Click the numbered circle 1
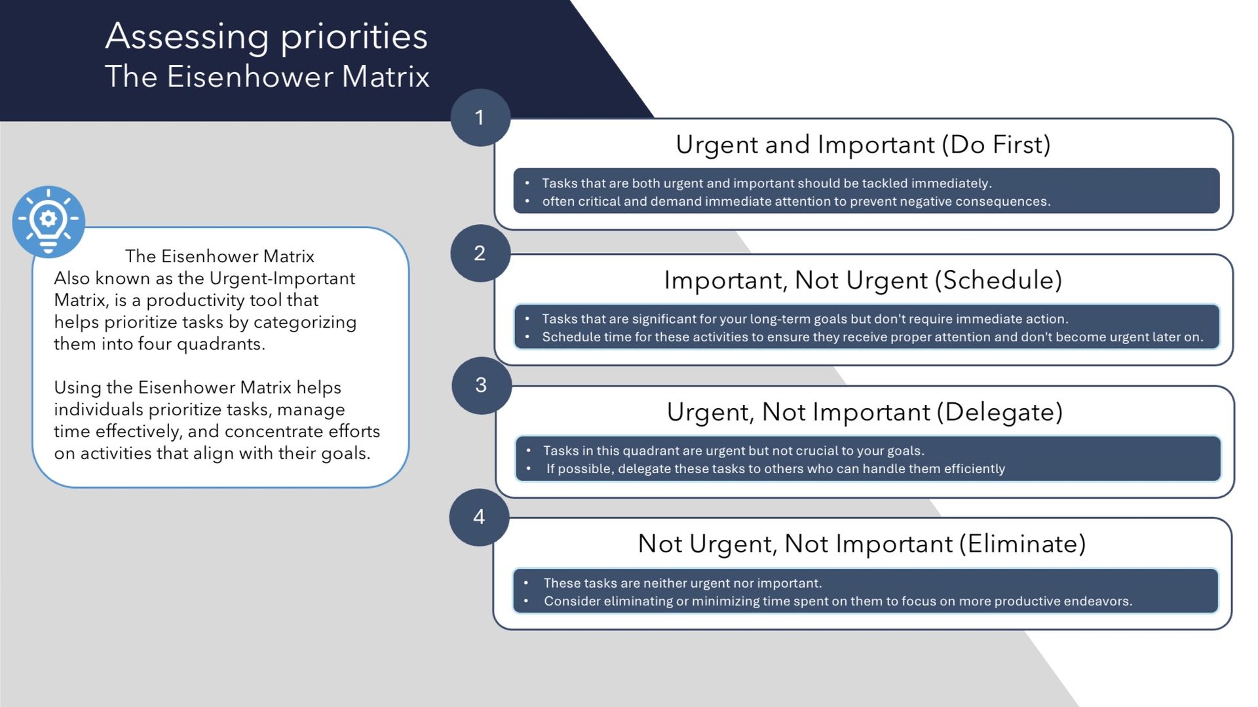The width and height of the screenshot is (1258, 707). tap(480, 118)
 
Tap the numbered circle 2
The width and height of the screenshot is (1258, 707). tap(480, 254)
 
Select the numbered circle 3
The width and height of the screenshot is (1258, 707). tap(482, 385)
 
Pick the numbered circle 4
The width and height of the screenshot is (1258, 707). tap(479, 517)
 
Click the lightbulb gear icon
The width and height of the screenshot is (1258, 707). tap(48, 221)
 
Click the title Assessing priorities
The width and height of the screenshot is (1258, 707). tap(266, 35)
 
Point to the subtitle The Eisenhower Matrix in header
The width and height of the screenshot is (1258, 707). tap(267, 77)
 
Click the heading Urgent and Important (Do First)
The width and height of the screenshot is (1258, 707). tap(863, 144)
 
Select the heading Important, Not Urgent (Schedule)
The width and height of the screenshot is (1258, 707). tap(863, 280)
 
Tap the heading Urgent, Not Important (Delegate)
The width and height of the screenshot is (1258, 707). tap(864, 411)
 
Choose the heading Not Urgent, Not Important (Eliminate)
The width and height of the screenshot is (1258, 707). tap(862, 543)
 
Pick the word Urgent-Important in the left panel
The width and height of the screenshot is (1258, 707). tap(282, 278)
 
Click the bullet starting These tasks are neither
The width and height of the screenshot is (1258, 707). tap(682, 583)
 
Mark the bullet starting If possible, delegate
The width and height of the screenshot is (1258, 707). tap(775, 468)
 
